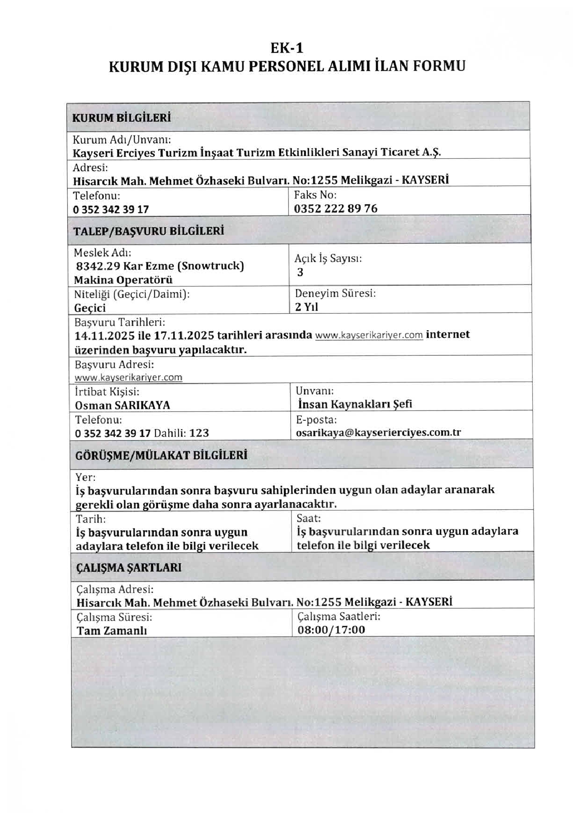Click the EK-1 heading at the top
tap(287, 48)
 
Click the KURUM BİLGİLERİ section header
tap(121, 118)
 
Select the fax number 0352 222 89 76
tap(336, 209)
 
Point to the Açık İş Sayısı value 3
tap(300, 272)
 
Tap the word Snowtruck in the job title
tap(210, 266)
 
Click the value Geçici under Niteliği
tap(90, 308)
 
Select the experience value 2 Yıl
tap(306, 307)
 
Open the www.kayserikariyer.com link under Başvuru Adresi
tap(128, 378)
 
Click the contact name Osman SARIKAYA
tap(122, 405)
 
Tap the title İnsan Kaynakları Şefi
tap(355, 404)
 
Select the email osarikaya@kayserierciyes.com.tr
tap(378, 432)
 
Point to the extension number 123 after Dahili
tap(199, 433)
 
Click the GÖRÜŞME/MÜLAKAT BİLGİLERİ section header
tap(161, 455)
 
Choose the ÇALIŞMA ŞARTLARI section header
tap(129, 567)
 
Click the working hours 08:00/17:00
tap(331, 630)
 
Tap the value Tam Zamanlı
tap(112, 631)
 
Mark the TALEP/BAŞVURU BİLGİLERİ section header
tap(149, 231)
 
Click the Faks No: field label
tap(315, 195)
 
